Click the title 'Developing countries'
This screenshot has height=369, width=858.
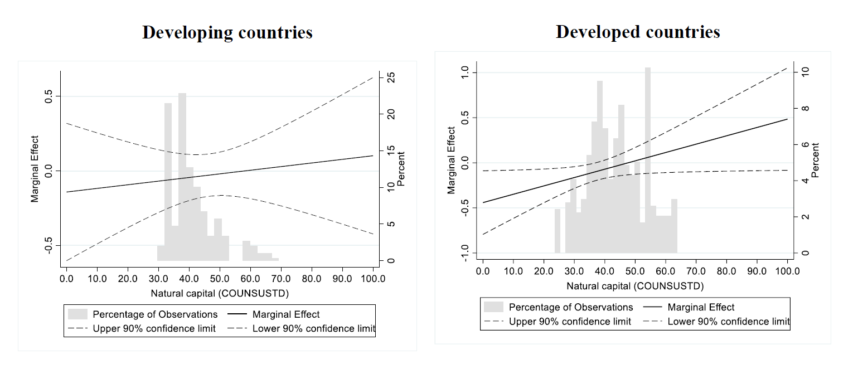click(227, 32)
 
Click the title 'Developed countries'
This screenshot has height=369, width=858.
click(638, 32)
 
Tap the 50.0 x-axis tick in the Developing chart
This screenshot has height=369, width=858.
click(220, 276)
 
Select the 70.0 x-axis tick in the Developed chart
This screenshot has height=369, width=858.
click(696, 271)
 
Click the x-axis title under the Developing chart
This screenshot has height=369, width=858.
click(220, 292)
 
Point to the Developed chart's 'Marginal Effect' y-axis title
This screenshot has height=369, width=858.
click(451, 161)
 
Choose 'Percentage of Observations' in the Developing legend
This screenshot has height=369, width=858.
click(155, 314)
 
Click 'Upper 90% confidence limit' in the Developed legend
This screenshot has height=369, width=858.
click(570, 321)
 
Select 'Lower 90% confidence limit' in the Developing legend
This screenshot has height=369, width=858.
click(314, 328)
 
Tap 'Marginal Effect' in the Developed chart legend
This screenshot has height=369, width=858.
click(701, 307)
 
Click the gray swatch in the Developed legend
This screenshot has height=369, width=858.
click(493, 307)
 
